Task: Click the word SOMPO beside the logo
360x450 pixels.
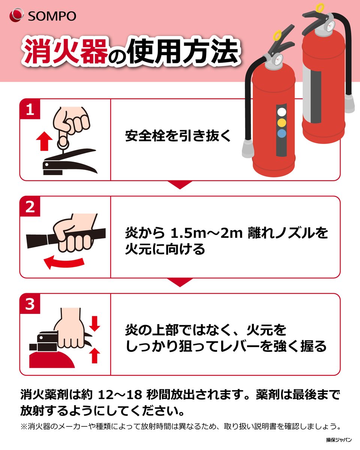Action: [x=52, y=16]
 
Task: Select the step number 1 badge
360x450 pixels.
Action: [x=30, y=109]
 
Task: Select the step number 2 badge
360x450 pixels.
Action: [x=30, y=207]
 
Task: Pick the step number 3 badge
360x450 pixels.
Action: [x=30, y=304]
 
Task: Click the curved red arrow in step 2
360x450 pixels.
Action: [x=64, y=262]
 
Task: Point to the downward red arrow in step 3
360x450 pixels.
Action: [x=94, y=324]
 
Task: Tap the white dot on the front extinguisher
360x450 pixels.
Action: [x=282, y=112]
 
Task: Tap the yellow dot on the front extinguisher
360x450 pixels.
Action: [x=282, y=123]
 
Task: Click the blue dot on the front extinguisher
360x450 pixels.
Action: [x=282, y=133]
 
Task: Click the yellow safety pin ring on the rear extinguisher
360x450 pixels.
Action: [x=320, y=8]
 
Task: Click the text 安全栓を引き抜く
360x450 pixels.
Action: [x=178, y=136]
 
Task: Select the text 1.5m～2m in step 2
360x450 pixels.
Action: [x=207, y=233]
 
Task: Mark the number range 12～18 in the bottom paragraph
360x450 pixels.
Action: [x=120, y=394]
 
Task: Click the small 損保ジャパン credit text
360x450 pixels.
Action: [x=339, y=440]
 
